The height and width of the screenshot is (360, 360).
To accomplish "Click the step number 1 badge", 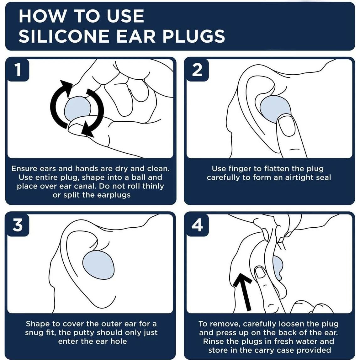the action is pyautogui.click(x=18, y=70).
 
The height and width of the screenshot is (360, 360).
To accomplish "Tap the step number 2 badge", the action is pyautogui.click(x=197, y=70).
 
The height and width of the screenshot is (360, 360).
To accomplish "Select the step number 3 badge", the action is pyautogui.click(x=18, y=225).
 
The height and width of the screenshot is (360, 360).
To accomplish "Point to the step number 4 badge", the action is pyautogui.click(x=197, y=225).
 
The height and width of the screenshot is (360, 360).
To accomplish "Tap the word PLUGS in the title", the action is pyautogui.click(x=194, y=36).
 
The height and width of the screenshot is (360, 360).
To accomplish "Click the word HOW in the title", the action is pyautogui.click(x=42, y=16).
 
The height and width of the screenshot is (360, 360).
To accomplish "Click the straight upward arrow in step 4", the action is pyautogui.click(x=243, y=292).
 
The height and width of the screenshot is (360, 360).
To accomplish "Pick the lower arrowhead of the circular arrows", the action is pyautogui.click(x=87, y=130).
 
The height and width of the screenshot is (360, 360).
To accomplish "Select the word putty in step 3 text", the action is pyautogui.click(x=84, y=333).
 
